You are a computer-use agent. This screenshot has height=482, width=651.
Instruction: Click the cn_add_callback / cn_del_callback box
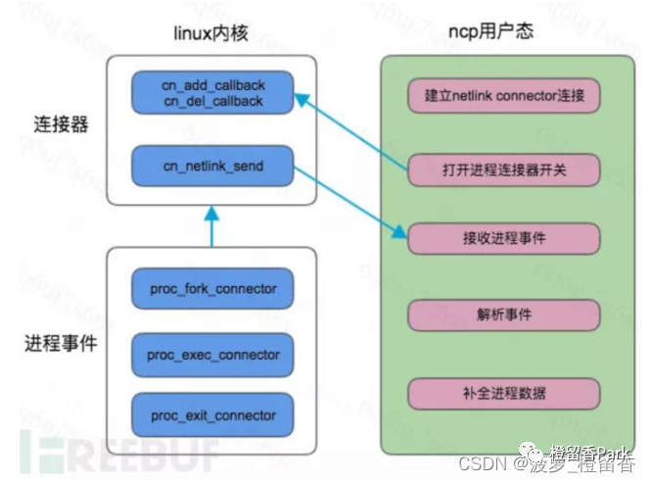tap(213, 92)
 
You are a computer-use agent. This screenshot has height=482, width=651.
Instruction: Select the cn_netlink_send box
tap(213, 166)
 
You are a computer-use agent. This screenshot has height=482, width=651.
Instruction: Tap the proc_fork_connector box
tap(213, 289)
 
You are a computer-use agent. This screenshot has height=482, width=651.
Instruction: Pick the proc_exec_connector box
tap(213, 354)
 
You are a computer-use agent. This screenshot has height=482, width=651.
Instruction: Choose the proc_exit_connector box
tap(213, 415)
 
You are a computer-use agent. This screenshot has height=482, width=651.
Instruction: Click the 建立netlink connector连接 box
tap(503, 96)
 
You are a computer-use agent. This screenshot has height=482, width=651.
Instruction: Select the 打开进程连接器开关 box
tap(503, 168)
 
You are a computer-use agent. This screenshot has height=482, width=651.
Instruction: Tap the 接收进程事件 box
tap(503, 239)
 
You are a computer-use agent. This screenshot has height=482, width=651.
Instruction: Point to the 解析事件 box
tap(503, 315)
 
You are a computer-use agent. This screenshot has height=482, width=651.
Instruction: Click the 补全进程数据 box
tap(503, 394)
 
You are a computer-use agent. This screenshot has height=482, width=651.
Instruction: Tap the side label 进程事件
tap(61, 344)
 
